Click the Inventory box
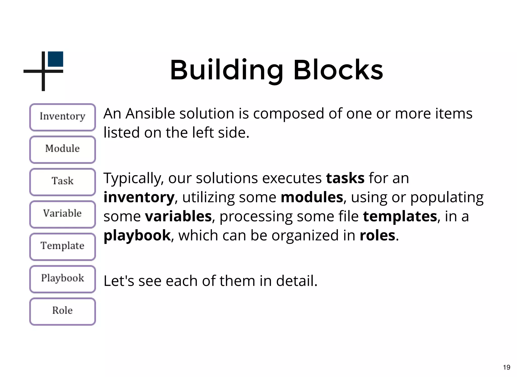point(62,117)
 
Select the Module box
point(62,149)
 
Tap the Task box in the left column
point(62,182)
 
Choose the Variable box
point(62,214)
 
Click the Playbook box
point(62,279)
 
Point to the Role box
point(62,311)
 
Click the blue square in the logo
point(55,59)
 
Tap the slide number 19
point(506,367)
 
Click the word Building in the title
point(226,70)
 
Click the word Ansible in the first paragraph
point(150,114)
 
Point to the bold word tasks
point(345,178)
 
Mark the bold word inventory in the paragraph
point(139,197)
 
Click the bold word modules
point(312,197)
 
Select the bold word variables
point(178,216)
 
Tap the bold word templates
point(400,216)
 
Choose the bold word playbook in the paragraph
point(137,236)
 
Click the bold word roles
point(377,235)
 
